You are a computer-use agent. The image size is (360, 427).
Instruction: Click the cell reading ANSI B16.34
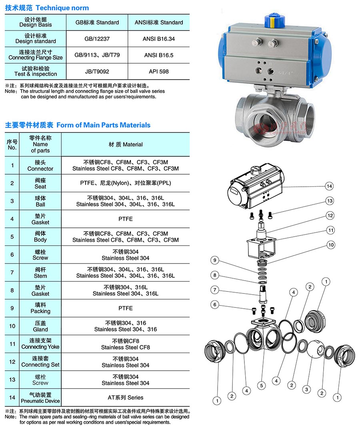pos(159,39)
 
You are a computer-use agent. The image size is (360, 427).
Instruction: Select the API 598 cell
pos(159,72)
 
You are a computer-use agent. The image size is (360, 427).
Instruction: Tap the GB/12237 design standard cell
pos(97,39)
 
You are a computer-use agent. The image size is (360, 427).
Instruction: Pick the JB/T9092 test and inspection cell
pos(97,72)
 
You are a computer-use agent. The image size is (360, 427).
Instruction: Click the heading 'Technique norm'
pos(62,8)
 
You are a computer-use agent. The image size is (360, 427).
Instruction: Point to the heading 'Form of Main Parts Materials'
pos(103,125)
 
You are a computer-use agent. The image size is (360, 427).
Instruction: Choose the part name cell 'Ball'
pos(40,201)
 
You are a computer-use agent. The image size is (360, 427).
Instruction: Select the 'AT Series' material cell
pos(125,397)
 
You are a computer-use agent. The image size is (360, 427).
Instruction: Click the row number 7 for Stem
pos(12,273)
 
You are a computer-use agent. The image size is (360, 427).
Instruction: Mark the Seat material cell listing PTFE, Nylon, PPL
pos(125,183)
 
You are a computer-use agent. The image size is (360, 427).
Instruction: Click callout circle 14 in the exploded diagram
pos(329,186)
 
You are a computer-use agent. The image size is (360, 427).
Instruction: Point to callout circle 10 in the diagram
pos(331,245)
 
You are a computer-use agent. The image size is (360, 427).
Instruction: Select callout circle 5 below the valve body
pos(261,385)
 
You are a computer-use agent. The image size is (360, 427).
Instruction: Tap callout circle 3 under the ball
pos(306,389)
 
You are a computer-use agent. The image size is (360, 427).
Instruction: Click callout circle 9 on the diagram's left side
pos(215,260)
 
